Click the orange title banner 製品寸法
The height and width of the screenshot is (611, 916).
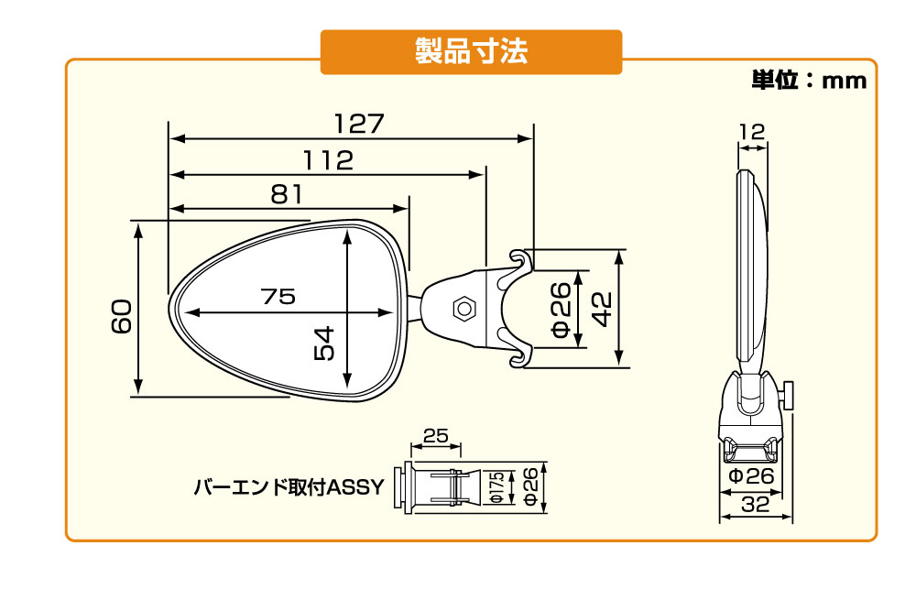click(x=471, y=52)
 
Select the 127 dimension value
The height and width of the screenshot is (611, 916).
click(x=358, y=124)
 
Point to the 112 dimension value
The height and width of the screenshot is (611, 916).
click(x=329, y=159)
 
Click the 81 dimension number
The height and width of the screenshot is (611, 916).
click(x=288, y=193)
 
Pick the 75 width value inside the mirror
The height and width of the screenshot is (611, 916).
click(x=278, y=297)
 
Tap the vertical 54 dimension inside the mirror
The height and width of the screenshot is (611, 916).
click(x=324, y=344)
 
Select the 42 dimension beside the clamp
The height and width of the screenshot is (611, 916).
click(x=602, y=307)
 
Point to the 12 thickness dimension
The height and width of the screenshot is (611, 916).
click(x=751, y=132)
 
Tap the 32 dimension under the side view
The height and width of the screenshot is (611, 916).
click(x=756, y=504)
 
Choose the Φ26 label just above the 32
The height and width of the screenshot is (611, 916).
click(x=752, y=476)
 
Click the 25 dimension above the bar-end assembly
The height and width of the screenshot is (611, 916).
click(x=435, y=436)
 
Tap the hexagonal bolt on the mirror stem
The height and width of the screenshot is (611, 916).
click(x=463, y=309)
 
